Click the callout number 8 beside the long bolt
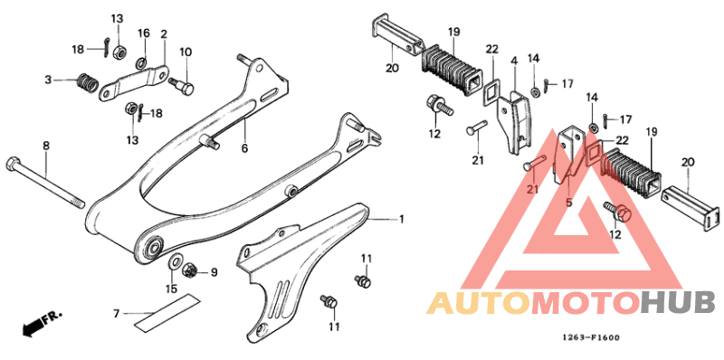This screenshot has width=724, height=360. (x=46, y=145)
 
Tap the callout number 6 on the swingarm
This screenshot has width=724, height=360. (x=244, y=147)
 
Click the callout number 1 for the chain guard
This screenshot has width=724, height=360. (x=402, y=218)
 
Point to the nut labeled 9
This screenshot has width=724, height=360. (x=191, y=270)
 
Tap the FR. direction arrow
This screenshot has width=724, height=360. (x=43, y=320)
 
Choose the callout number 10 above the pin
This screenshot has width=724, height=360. (x=186, y=51)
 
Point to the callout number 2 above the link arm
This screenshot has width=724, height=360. (x=164, y=34)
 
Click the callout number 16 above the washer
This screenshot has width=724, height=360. (x=143, y=33)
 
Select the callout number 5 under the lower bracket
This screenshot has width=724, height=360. (x=568, y=204)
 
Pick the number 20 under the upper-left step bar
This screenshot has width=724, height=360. (x=392, y=68)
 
